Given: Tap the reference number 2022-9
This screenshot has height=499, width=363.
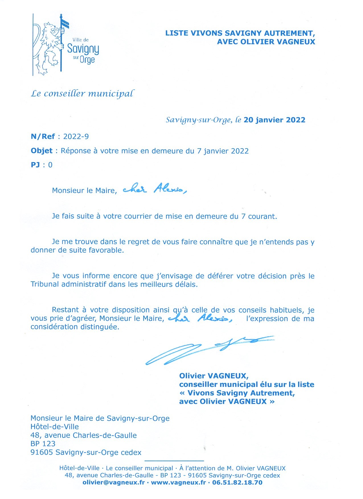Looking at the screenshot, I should (76, 137).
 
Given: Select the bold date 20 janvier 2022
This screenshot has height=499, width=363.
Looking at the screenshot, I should (274, 120).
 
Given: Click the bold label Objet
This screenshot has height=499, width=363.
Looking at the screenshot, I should (42, 151).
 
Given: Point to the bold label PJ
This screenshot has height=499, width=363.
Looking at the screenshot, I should (35, 165).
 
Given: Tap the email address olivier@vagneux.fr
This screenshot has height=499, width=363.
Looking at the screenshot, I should (114, 482).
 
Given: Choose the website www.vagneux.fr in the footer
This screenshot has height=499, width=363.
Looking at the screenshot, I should (178, 482).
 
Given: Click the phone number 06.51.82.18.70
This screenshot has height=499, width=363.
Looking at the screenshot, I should (237, 482).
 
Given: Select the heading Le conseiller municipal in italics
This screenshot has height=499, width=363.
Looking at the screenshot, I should (82, 94).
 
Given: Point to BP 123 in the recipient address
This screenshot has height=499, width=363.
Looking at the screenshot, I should (43, 444).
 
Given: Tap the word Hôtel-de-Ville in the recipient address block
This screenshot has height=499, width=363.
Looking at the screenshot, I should (54, 427).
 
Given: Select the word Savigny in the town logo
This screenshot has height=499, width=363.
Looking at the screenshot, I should (83, 49).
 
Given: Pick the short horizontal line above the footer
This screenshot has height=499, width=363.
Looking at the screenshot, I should (174, 461).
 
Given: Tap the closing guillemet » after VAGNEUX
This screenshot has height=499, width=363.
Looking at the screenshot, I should (272, 402).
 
